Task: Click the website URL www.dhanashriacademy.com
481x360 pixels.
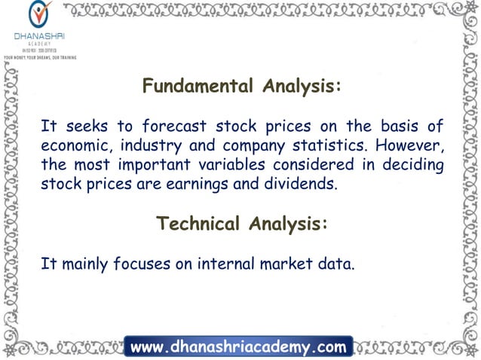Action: click(238, 348)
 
